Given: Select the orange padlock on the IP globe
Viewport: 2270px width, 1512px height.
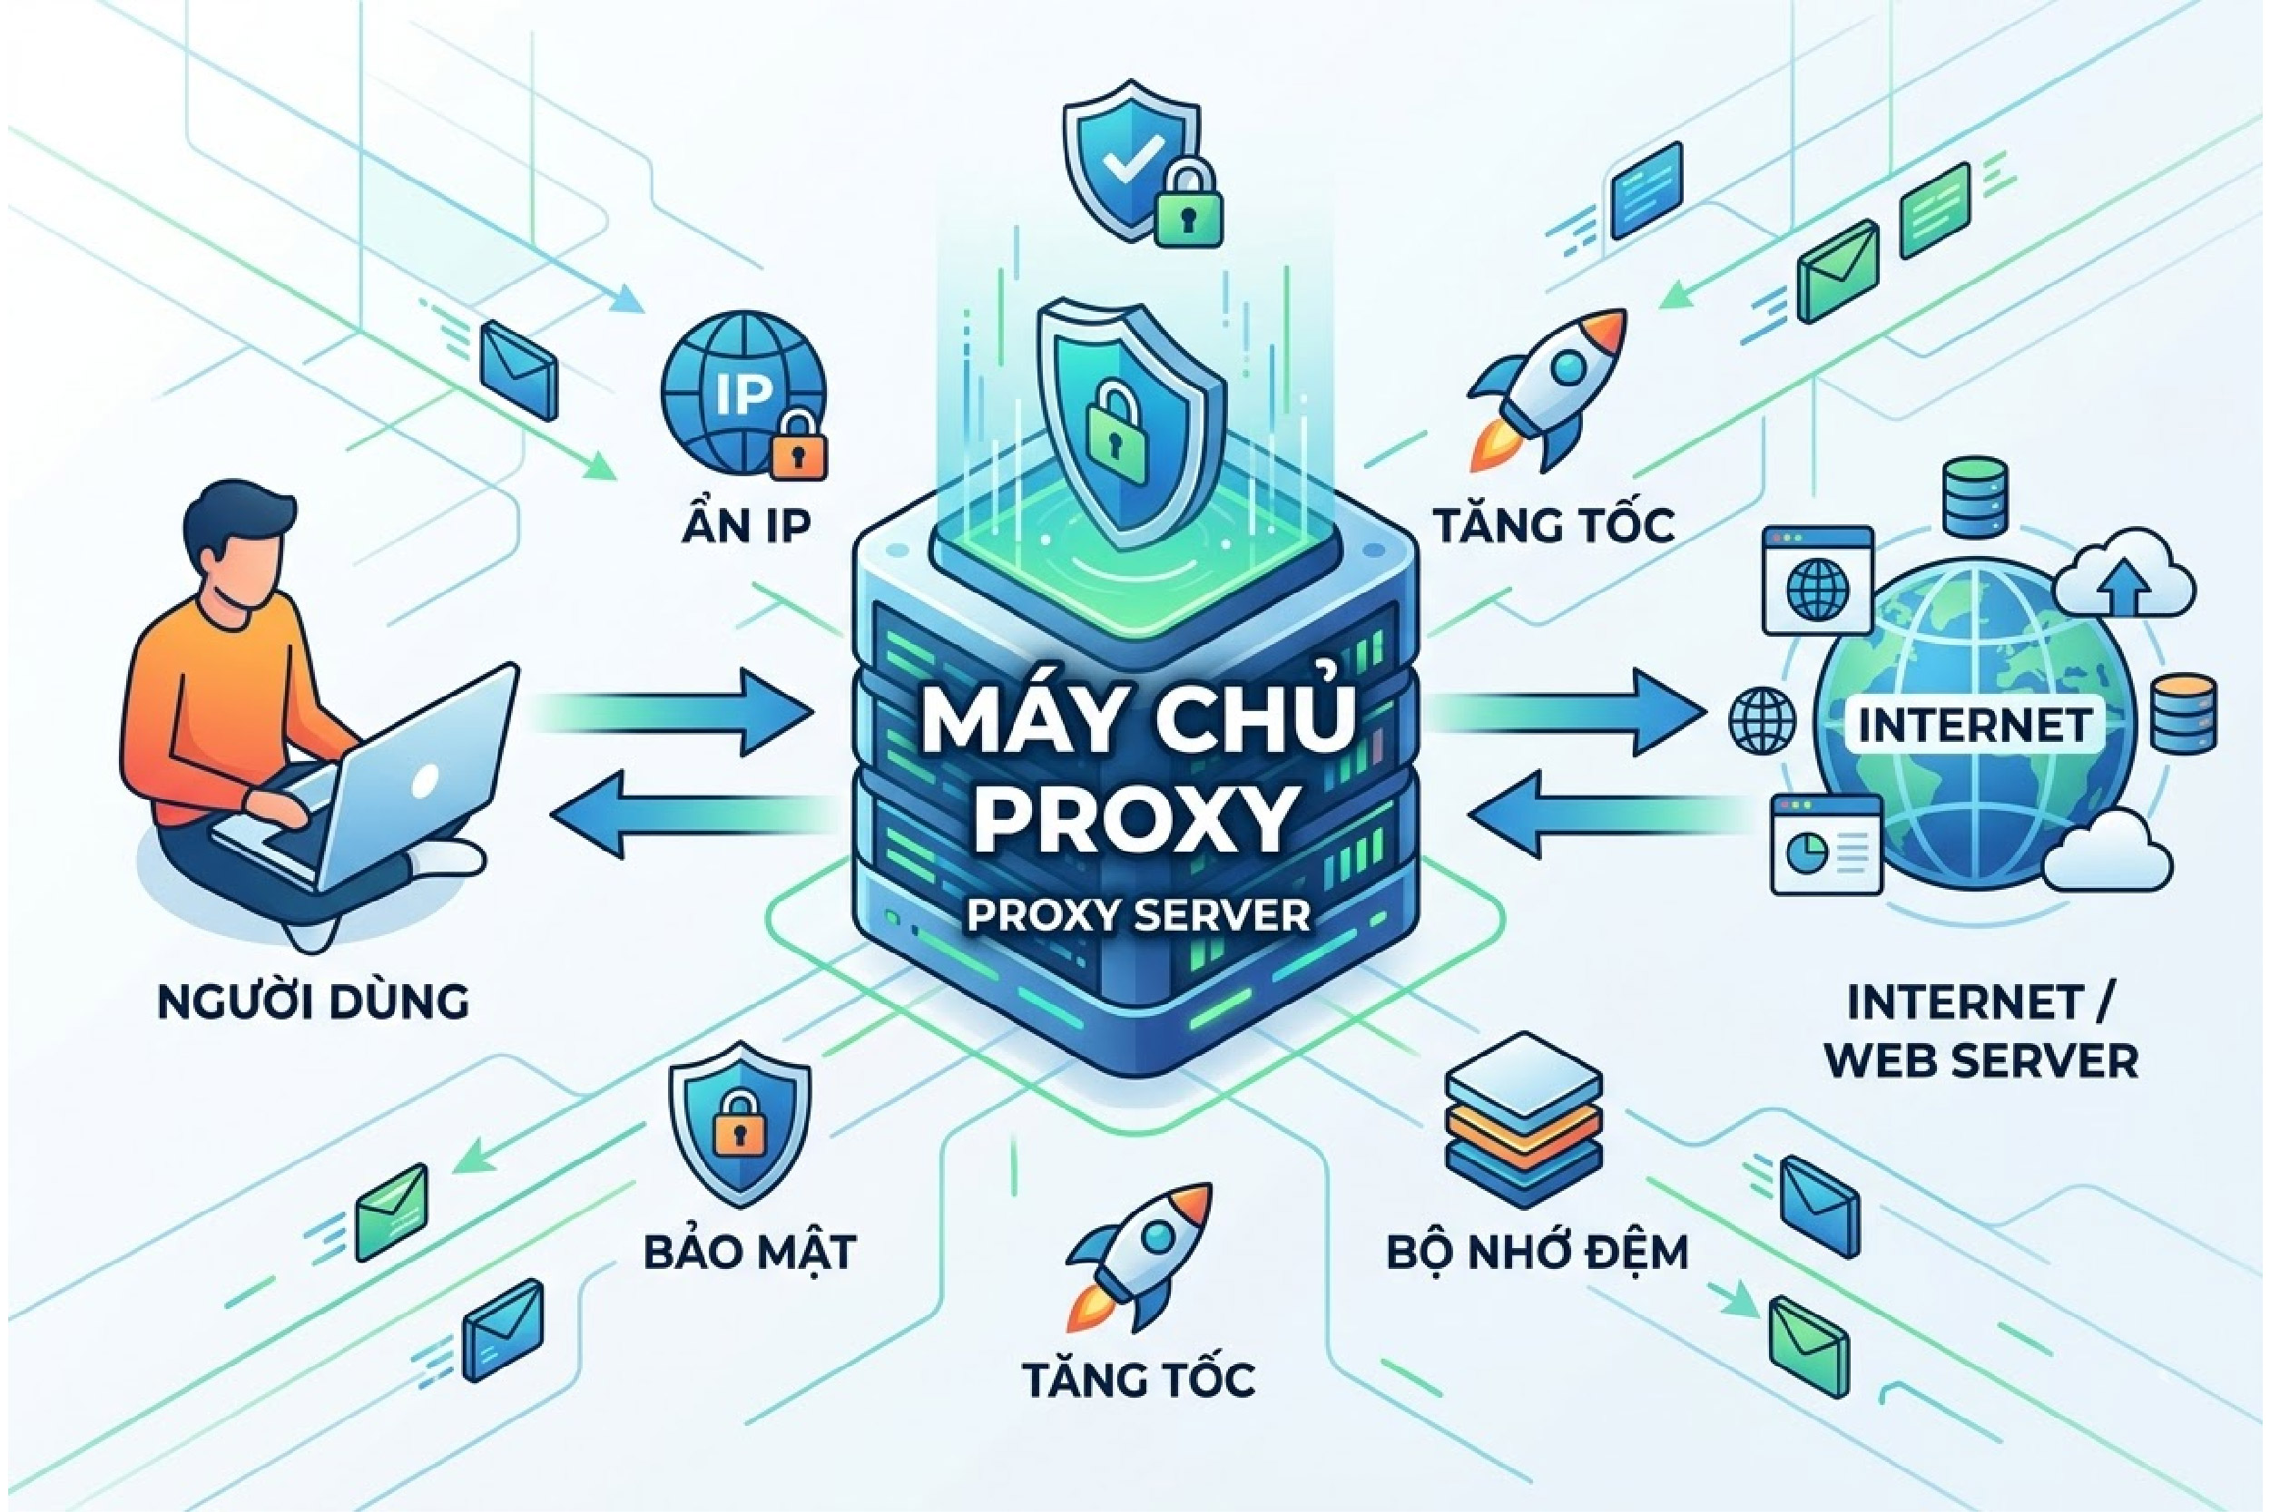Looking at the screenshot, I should pos(799,445).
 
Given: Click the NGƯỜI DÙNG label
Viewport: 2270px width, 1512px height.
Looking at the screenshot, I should pos(312,1002).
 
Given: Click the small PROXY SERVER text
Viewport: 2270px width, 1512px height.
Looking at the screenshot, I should pos(1138,916).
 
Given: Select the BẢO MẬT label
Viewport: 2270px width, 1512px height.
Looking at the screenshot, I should pos(750,1253).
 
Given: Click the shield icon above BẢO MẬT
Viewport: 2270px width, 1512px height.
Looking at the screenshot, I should pos(740,1124).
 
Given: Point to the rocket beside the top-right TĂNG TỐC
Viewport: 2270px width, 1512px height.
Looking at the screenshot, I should pos(1548,385).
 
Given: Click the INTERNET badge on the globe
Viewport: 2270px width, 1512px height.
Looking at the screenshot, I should pos(1974,724).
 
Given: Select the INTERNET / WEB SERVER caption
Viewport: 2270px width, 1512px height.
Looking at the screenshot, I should pos(1981,1032).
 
